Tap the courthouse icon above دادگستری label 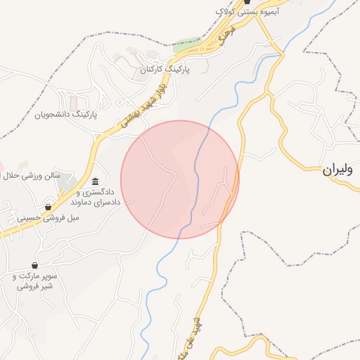(95, 182)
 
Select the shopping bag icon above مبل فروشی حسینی (48, 207)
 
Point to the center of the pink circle (180, 180)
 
